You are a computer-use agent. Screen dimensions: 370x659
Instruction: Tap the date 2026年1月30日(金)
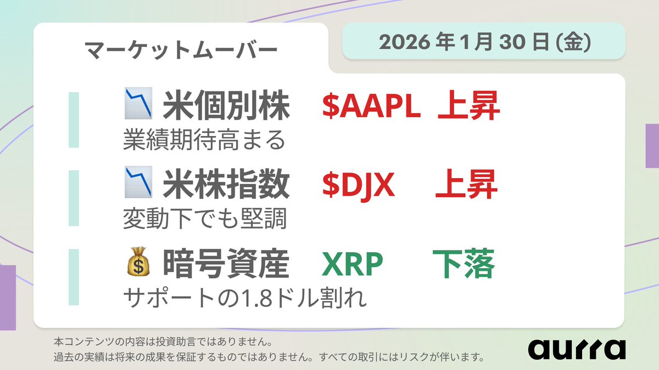(484, 42)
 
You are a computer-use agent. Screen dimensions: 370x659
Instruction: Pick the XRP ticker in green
(352, 265)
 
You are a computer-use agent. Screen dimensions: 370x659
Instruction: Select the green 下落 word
(463, 265)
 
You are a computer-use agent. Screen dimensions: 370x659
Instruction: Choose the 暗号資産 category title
(226, 265)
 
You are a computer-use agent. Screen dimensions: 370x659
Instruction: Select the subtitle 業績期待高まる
(204, 140)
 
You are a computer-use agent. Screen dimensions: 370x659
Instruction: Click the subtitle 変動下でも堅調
(204, 219)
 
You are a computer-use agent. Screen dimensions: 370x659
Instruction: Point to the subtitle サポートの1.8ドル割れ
(244, 299)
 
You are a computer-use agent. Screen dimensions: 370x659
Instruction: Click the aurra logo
(576, 349)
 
